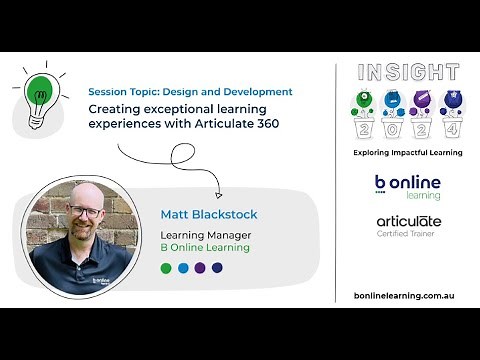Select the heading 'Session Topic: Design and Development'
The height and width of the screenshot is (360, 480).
[x=190, y=91]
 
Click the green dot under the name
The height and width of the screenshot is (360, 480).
[x=166, y=268]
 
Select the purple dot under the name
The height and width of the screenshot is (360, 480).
[x=200, y=268]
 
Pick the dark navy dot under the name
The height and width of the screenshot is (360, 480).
[x=217, y=268]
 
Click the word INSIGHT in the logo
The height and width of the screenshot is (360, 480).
[x=407, y=73]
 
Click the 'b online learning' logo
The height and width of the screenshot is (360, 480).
[x=406, y=187]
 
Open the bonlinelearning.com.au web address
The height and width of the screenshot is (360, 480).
[x=406, y=297]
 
